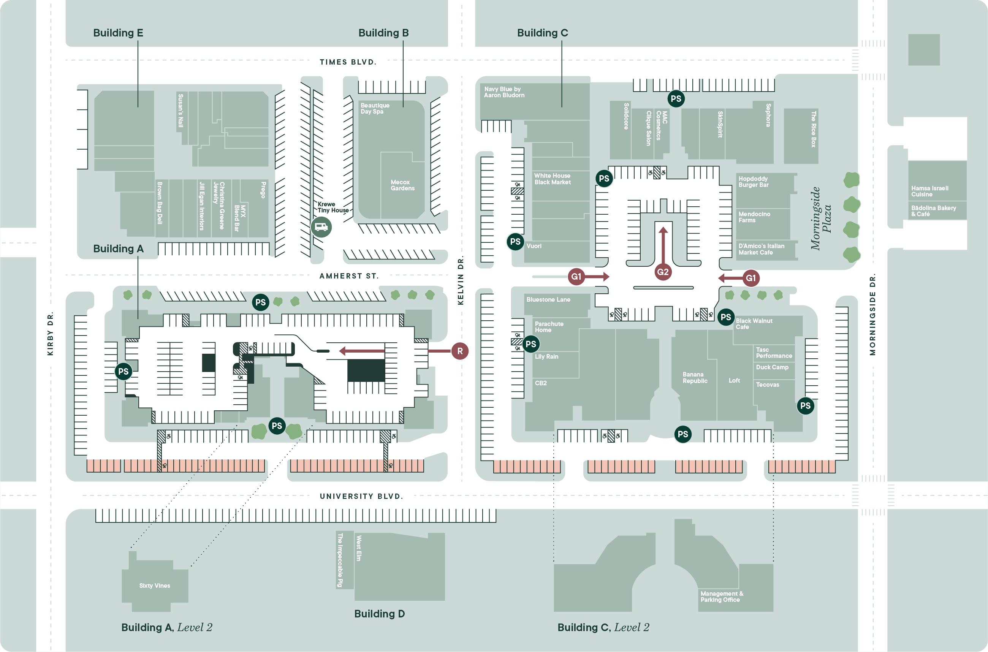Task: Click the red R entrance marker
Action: coord(460,351)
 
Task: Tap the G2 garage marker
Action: coord(663,272)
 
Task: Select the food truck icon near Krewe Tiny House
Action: coord(321,227)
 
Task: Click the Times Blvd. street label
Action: coord(348,62)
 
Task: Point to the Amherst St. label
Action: coord(349,276)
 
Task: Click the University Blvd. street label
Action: coord(361,496)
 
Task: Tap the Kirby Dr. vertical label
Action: coord(50,334)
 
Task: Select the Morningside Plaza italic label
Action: coord(821,218)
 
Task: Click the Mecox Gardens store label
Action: coord(402,185)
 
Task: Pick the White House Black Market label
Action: coord(552,179)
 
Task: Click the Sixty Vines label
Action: coord(154,586)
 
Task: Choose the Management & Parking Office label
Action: coord(722,596)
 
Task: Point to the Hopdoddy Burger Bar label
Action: coord(753,182)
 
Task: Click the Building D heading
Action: coord(379,614)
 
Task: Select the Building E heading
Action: coord(118,33)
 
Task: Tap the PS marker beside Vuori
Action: coord(515,242)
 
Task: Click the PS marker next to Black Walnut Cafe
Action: coord(726,317)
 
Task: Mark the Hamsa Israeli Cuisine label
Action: coord(929,191)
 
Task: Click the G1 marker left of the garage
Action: coord(576,277)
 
